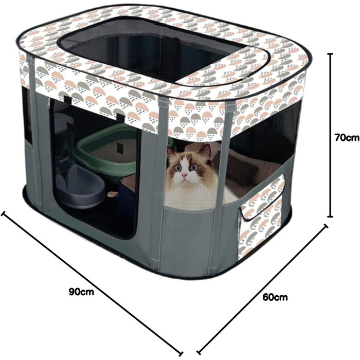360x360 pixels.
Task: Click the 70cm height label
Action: [347, 138]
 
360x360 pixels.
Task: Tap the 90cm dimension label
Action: [81, 292]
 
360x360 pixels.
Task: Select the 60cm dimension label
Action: [275, 297]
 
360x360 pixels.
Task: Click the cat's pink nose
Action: [184, 176]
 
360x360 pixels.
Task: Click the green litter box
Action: [108, 152]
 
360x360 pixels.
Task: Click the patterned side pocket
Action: [262, 216]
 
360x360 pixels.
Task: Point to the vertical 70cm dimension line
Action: [330, 135]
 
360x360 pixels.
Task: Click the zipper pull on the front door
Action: [49, 103]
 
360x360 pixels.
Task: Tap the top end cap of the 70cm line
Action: [330, 53]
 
